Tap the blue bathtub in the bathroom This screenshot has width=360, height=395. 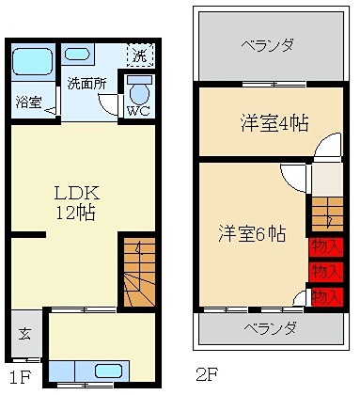click(x=32, y=63)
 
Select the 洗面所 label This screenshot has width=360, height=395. click(x=86, y=83)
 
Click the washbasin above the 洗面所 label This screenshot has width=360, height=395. click(x=79, y=55)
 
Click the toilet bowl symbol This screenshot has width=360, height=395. click(x=138, y=91)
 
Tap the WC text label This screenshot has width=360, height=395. click(x=137, y=110)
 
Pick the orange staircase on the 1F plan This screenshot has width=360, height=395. click(x=137, y=273)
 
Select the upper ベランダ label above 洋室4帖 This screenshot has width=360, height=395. click(x=267, y=44)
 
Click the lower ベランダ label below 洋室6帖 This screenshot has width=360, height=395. click(x=270, y=328)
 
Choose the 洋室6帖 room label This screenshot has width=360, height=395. click(x=253, y=233)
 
